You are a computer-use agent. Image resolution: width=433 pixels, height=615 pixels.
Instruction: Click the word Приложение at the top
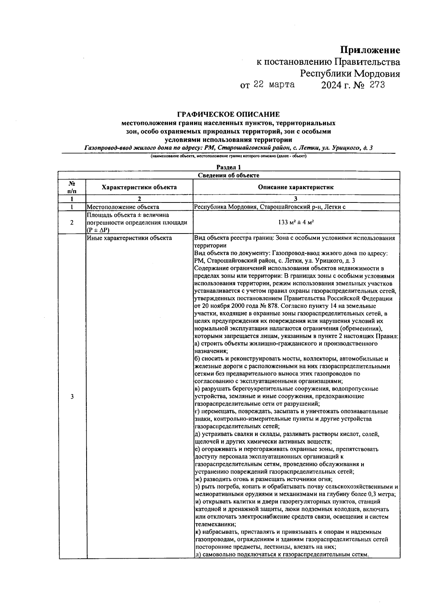pos(370,50)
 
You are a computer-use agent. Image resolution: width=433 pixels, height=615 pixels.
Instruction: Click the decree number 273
pos(376,85)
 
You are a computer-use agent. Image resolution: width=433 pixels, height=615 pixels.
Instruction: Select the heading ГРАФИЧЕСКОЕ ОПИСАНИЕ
pos(228,115)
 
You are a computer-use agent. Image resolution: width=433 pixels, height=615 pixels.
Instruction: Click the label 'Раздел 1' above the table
pos(228,167)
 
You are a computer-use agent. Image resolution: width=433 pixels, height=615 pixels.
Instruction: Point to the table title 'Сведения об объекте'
pos(228,175)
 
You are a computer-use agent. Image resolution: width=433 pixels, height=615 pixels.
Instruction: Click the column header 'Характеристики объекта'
pos(139,187)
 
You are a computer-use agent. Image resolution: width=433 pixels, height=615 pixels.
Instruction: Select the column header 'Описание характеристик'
pos(296,187)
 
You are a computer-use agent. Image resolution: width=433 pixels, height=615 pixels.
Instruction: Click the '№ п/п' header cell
pos(72,187)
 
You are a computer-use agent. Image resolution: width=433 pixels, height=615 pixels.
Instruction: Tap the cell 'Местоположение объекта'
pos(123,207)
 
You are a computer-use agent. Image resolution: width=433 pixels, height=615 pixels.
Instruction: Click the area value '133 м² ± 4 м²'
pos(296,223)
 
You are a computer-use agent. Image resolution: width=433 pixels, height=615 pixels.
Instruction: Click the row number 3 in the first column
pos(72,397)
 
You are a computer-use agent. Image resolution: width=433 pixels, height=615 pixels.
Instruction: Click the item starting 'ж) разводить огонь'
pos(263,479)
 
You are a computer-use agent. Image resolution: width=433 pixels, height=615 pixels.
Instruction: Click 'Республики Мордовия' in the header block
pos(350,74)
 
